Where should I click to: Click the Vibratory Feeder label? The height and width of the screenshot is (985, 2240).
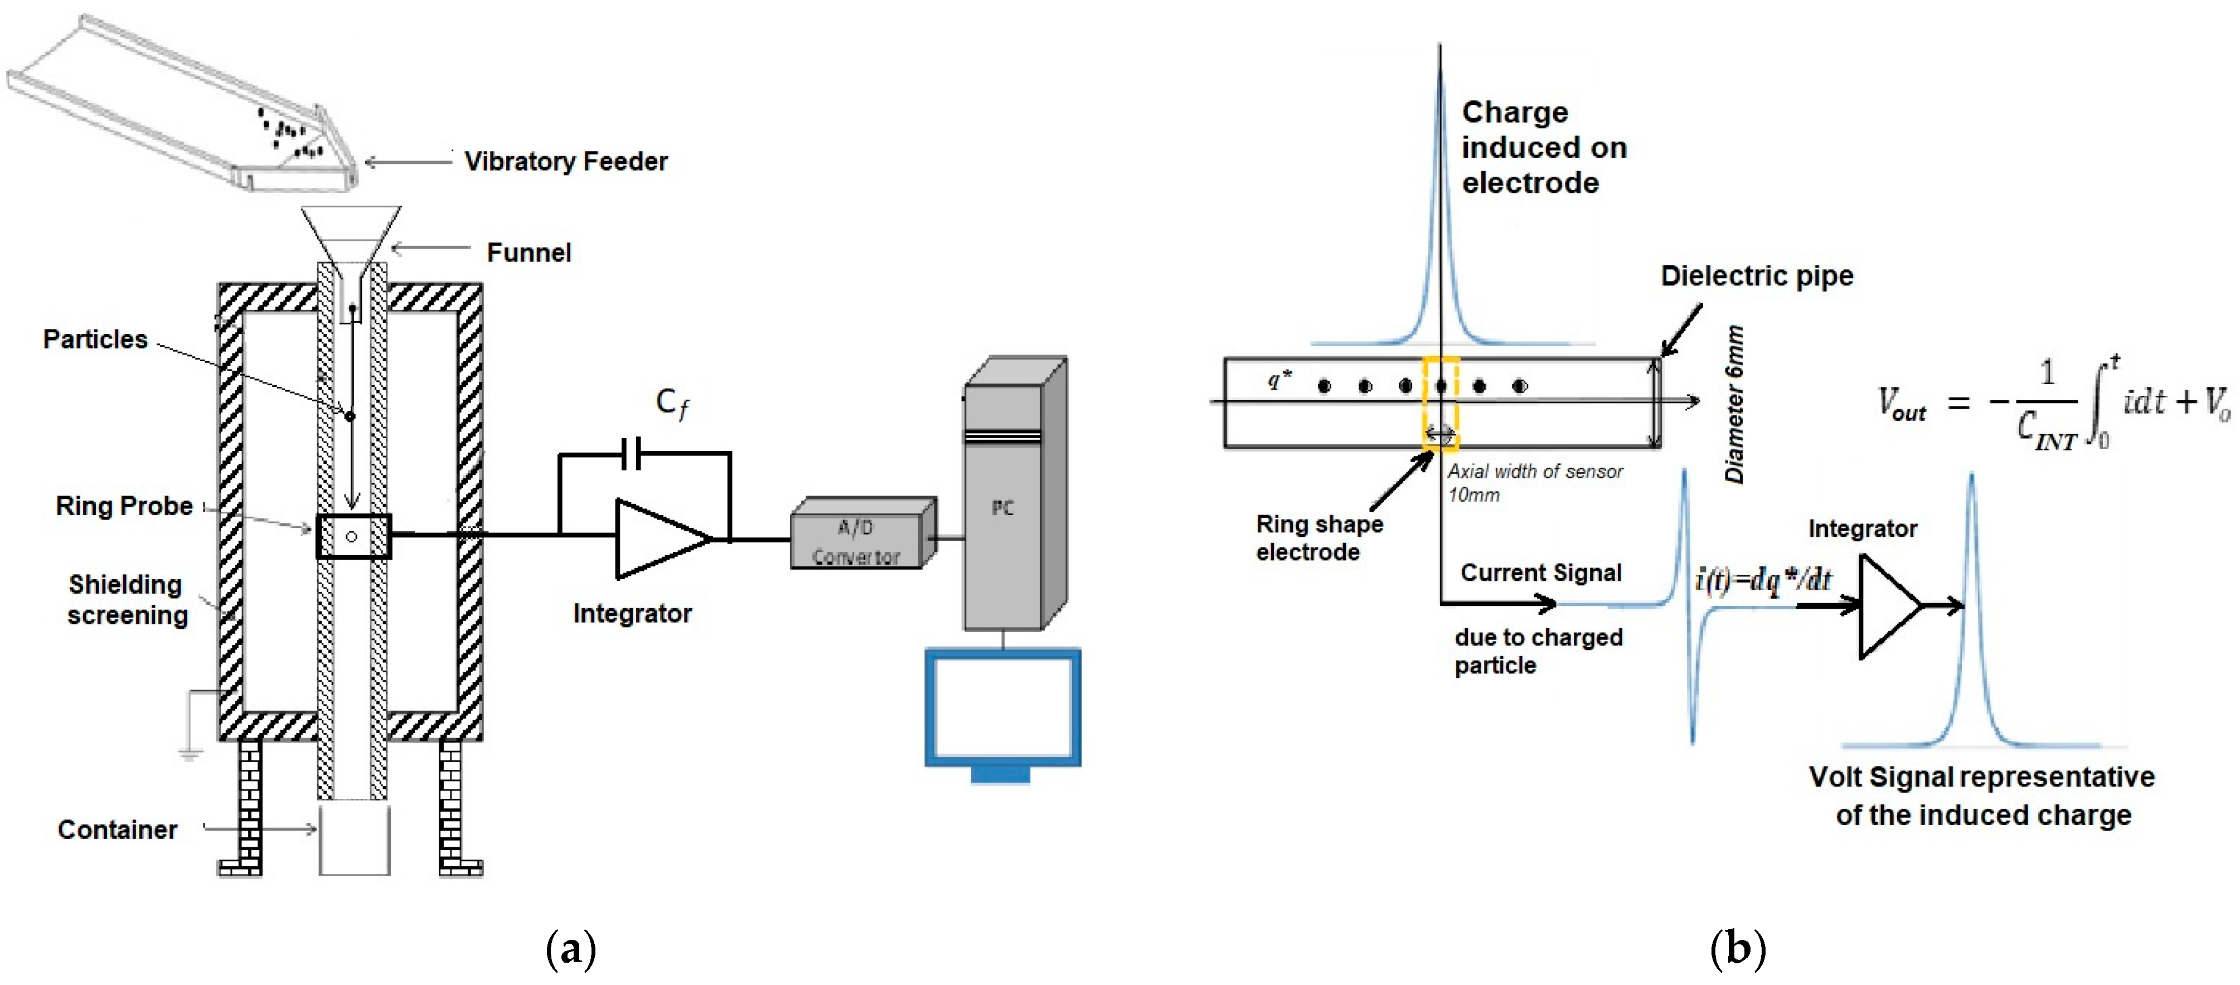tap(565, 162)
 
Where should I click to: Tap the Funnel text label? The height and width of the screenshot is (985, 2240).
tap(529, 253)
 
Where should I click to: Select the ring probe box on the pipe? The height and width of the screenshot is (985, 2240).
tap(353, 536)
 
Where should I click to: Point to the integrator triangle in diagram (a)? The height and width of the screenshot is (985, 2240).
tap(658, 539)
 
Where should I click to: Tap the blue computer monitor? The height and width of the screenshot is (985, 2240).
tap(1002, 709)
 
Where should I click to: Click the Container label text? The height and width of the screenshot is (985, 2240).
tap(118, 829)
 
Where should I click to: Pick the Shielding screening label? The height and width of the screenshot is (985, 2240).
tap(127, 600)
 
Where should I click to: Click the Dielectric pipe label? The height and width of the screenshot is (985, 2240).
tap(1757, 276)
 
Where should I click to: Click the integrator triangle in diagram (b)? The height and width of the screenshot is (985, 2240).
tap(1887, 606)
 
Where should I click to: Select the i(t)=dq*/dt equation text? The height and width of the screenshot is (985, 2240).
tap(1763, 580)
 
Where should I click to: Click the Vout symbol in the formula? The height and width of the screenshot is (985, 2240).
tap(1902, 405)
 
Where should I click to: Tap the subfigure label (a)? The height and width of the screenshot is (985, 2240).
tap(570, 948)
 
